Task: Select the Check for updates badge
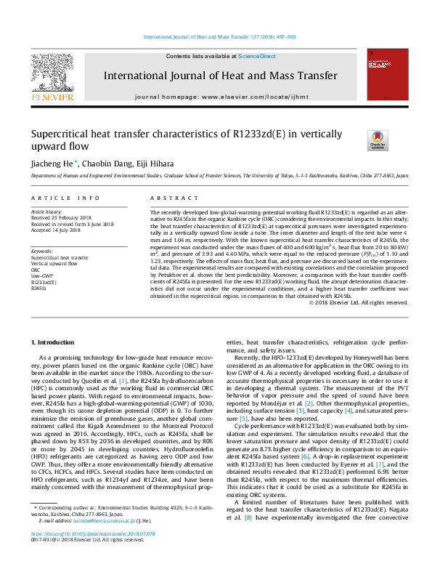click(x=378, y=139)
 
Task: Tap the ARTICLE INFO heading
click(x=65, y=198)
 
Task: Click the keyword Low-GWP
click(x=42, y=275)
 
